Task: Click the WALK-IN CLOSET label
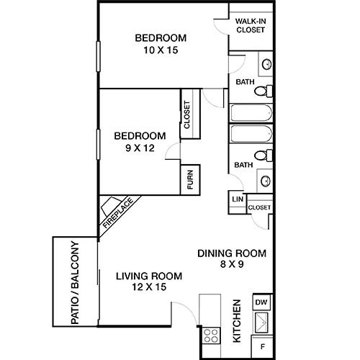[251, 25]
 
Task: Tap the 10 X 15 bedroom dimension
[161, 50]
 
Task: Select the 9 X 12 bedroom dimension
[140, 148]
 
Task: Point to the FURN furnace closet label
[190, 179]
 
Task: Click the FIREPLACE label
[118, 213]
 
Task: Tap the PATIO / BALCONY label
[75, 283]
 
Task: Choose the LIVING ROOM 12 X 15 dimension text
[149, 287]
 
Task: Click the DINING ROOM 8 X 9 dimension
[232, 264]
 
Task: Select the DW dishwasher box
[261, 302]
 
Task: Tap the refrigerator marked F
[263, 346]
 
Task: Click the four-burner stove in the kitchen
[211, 336]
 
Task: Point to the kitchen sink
[261, 323]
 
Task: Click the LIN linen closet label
[238, 199]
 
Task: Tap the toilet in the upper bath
[264, 91]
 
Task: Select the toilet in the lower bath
[264, 156]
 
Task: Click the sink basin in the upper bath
[266, 64]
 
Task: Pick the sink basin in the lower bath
[266, 181]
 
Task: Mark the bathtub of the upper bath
[251, 113]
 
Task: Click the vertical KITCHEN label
[237, 321]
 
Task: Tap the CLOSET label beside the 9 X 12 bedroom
[186, 114]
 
